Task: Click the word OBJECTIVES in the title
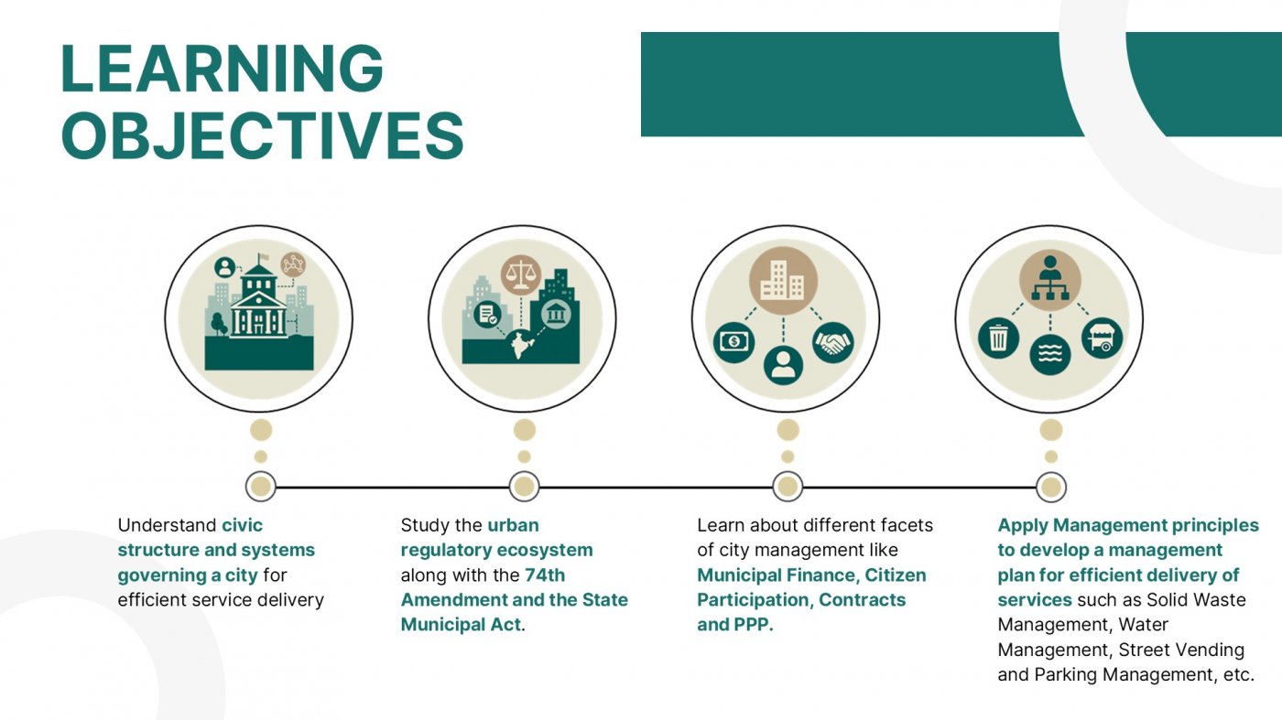click(263, 135)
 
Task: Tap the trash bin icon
click(998, 338)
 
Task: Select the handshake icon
click(832, 342)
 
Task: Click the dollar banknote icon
click(733, 342)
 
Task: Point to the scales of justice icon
click(520, 274)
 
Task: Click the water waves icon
click(1050, 355)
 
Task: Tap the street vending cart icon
click(1103, 338)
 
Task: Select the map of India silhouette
click(521, 345)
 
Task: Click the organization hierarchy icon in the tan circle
click(1050, 280)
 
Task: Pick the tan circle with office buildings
click(783, 281)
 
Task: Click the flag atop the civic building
click(263, 257)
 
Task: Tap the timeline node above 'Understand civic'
click(260, 487)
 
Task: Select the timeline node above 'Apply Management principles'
click(1051, 487)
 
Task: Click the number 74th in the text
click(545, 575)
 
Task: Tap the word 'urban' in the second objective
click(514, 525)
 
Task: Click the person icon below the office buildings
click(783, 365)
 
